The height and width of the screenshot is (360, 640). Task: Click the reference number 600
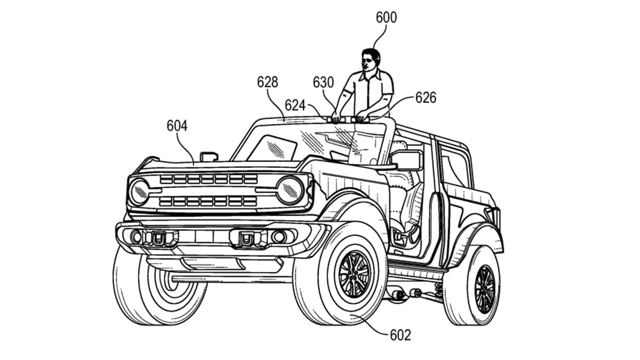click(386, 17)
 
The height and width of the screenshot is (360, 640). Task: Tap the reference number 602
click(400, 334)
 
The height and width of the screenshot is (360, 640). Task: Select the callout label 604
click(177, 126)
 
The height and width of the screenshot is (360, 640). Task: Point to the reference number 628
click(267, 82)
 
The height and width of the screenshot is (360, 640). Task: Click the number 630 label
click(323, 82)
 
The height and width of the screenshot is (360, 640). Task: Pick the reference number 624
click(295, 105)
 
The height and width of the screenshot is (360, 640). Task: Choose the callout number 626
click(425, 97)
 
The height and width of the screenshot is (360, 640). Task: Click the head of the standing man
click(370, 59)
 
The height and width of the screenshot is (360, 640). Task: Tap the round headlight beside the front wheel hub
click(290, 190)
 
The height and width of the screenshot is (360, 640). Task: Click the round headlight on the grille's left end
click(139, 192)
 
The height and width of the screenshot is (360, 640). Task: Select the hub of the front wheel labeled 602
click(354, 274)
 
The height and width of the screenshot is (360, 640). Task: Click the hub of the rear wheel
click(484, 289)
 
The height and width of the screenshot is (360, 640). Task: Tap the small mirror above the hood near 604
click(208, 156)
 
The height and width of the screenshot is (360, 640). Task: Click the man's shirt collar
click(370, 75)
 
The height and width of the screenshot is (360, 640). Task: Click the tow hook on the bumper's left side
click(158, 238)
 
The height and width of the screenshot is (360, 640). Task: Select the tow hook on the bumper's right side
click(246, 239)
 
